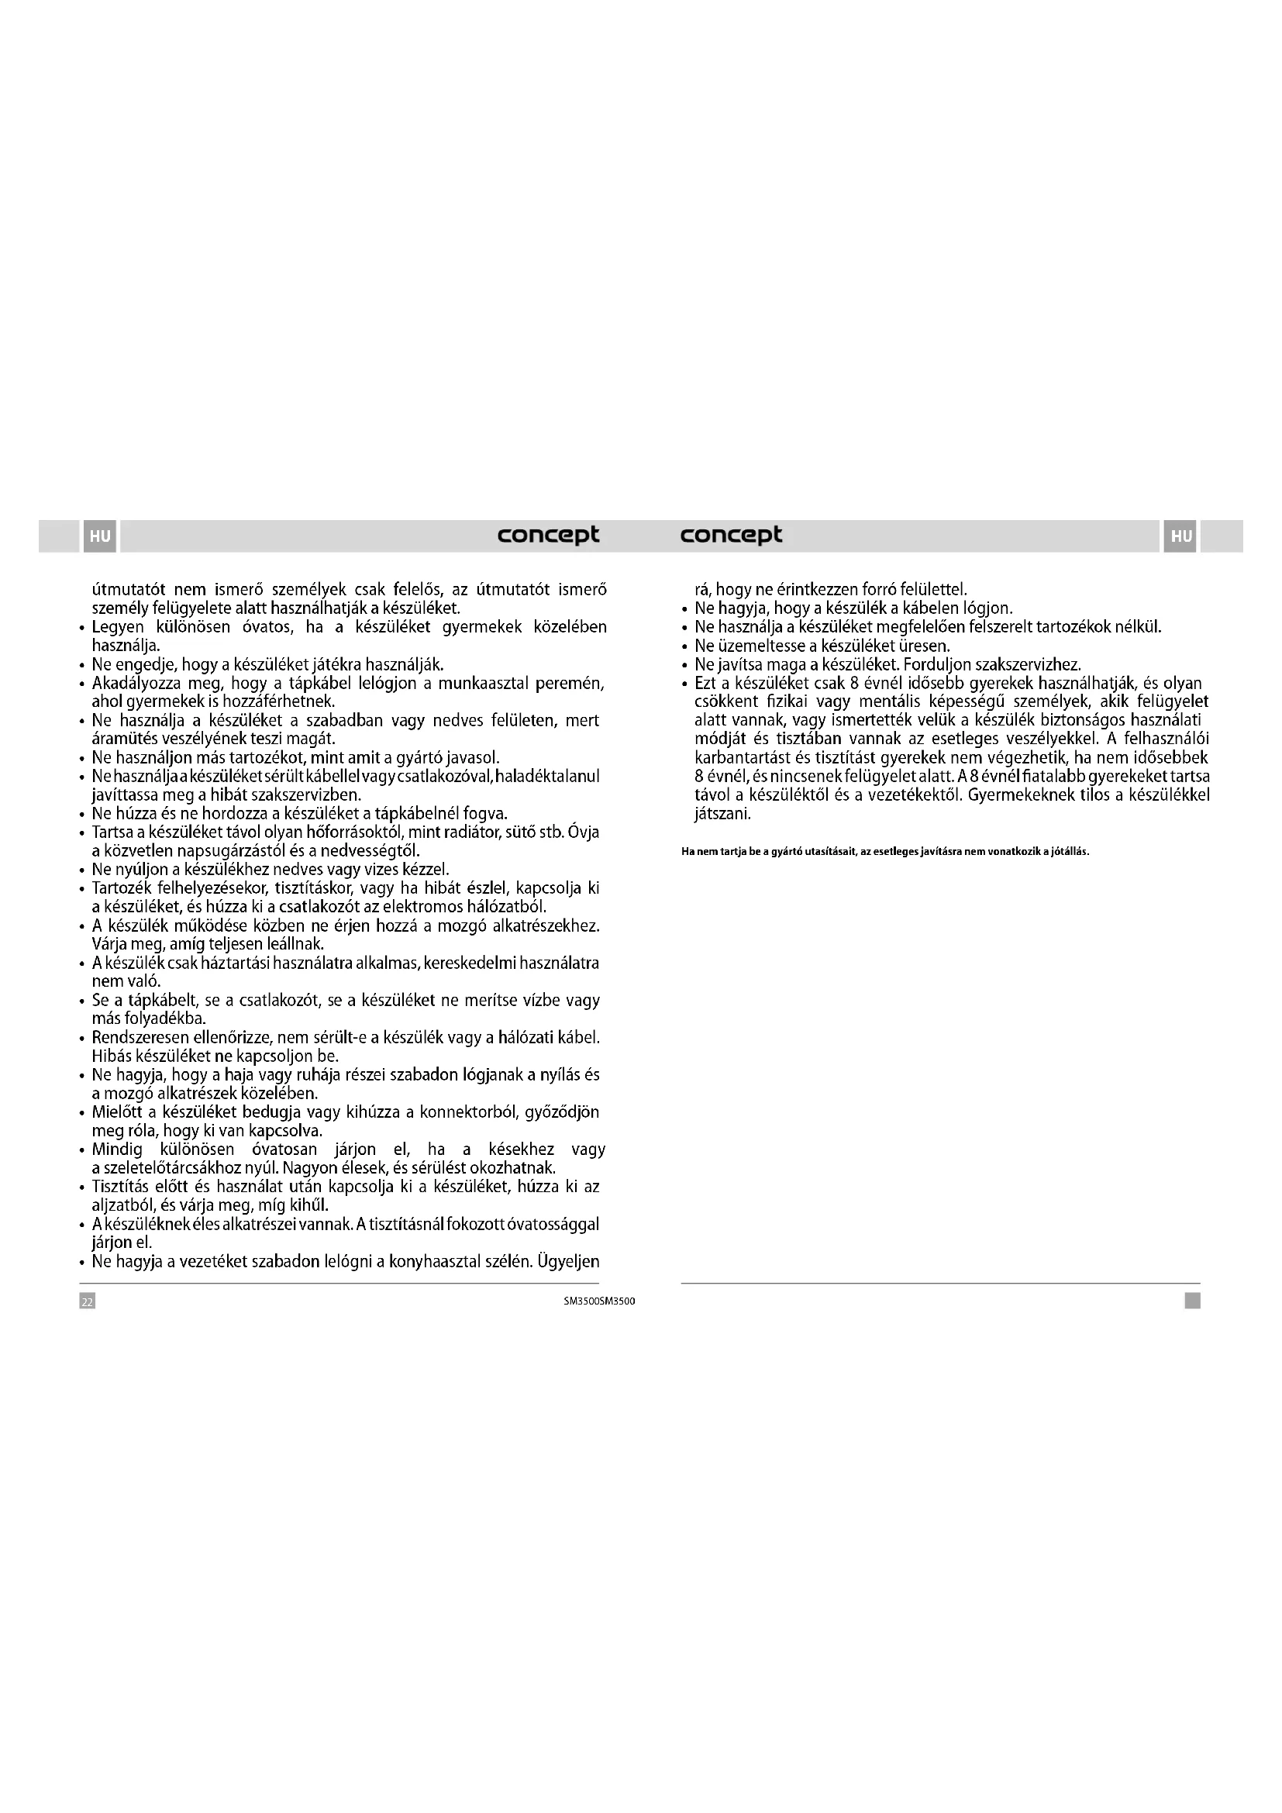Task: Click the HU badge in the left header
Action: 99,536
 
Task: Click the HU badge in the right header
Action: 1180,536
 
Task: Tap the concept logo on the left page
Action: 548,536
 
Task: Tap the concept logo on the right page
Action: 731,536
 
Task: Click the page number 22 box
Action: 88,1301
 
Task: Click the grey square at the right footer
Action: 1192,1301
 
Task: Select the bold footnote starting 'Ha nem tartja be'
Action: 885,852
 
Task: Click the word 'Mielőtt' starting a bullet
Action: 119,1112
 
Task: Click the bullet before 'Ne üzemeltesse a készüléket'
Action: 684,646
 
